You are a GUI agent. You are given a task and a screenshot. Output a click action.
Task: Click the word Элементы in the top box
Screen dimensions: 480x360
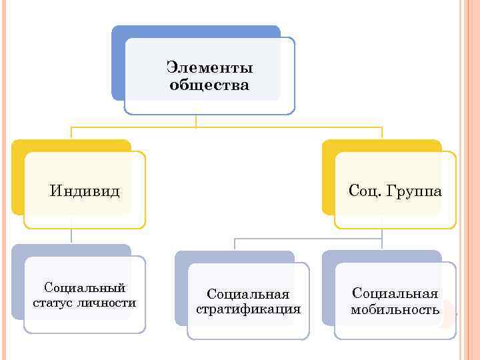point(209,68)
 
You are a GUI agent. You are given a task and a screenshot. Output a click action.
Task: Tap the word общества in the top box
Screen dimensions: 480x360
point(209,85)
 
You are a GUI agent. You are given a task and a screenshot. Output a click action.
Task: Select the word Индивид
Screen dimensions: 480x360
point(85,192)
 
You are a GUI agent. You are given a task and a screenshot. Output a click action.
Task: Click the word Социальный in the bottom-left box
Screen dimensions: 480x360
point(85,288)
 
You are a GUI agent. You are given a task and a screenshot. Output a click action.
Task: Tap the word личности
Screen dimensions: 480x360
point(109,303)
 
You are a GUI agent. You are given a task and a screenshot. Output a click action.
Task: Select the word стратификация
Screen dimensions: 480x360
point(249,309)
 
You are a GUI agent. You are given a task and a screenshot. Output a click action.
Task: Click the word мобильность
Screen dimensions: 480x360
point(395,309)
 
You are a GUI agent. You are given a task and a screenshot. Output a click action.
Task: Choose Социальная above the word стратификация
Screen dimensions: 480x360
point(249,294)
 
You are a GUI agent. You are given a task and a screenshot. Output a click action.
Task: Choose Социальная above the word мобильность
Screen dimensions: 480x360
point(395,294)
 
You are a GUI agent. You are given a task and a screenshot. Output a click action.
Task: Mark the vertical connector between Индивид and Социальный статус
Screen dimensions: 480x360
point(71,237)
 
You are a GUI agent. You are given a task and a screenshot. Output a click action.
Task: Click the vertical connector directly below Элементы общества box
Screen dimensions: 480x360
point(195,120)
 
